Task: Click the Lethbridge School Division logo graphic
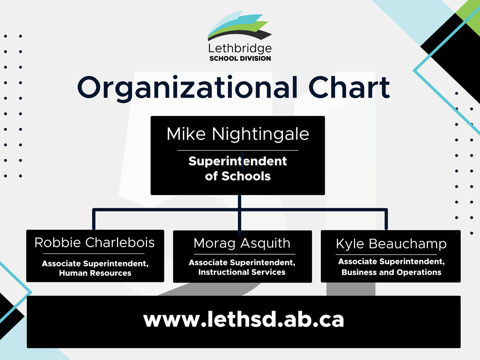tap(239, 26)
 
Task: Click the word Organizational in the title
tap(187, 87)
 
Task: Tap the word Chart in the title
tap(349, 87)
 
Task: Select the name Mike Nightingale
tap(238, 134)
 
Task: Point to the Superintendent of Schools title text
tap(238, 169)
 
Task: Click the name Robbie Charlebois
tap(94, 243)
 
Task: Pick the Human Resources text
tap(95, 273)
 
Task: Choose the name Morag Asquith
tap(242, 244)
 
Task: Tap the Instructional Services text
tap(242, 272)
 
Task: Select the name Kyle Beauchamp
tap(391, 244)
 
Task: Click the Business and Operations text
tap(392, 272)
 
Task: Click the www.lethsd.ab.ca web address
tap(244, 320)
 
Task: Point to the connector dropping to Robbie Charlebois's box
tap(93, 219)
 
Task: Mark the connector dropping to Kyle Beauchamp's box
tap(387, 219)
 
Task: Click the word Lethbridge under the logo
tap(239, 49)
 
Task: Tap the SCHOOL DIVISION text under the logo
tap(240, 59)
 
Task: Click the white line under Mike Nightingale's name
tap(238, 150)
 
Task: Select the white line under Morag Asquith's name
tap(245, 254)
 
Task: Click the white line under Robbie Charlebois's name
tap(93, 253)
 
